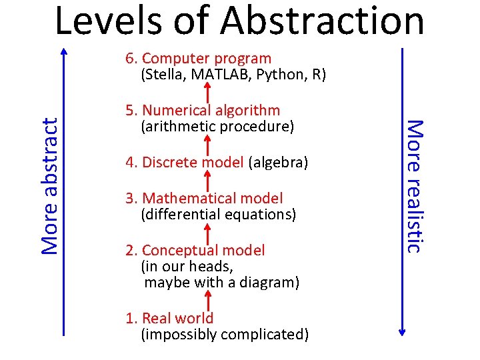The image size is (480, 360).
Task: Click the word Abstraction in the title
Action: [322, 20]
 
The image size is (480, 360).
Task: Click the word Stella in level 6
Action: [164, 74]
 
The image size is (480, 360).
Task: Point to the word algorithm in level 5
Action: [243, 110]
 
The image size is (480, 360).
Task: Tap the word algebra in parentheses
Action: [278, 162]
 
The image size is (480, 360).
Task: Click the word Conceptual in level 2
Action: [181, 250]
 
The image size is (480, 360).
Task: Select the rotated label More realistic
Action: [415, 185]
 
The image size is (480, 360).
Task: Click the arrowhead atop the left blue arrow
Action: [64, 50]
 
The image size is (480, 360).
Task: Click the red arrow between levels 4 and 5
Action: [207, 144]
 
